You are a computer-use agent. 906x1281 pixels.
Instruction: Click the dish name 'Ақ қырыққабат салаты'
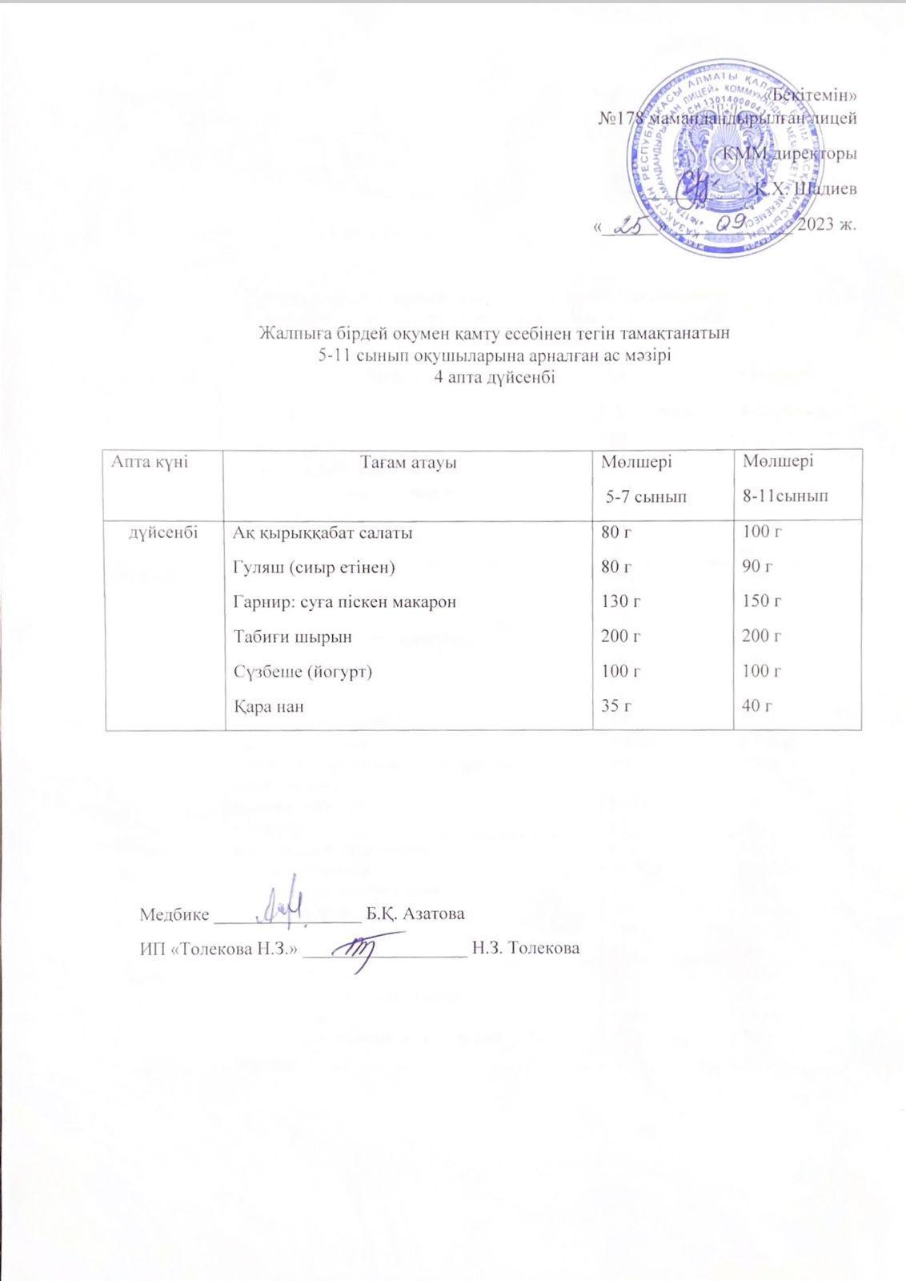323,532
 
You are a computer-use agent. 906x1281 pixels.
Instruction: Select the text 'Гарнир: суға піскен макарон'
344,602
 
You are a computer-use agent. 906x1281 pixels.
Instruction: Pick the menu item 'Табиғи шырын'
292,637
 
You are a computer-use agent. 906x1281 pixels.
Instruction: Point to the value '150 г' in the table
762,602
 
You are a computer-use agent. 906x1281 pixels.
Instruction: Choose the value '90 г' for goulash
758,568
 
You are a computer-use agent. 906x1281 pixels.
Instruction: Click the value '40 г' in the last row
758,706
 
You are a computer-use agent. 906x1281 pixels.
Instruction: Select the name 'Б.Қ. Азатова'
415,914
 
